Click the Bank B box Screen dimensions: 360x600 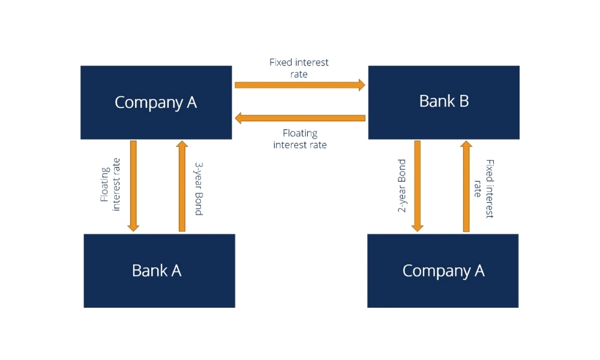pyautogui.click(x=443, y=102)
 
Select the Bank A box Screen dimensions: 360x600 pyautogui.click(x=159, y=271)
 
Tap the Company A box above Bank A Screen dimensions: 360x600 pyautogui.click(x=156, y=103)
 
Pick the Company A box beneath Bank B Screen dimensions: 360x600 pyautogui.click(x=443, y=271)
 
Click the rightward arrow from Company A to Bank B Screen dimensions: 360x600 pyautogui.click(x=299, y=85)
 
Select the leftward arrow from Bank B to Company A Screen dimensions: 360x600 pyautogui.click(x=299, y=118)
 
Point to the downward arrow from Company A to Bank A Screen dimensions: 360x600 pyautogui.click(x=133, y=186)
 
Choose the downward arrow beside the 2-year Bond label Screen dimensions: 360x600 pyautogui.click(x=418, y=186)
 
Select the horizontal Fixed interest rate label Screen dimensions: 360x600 pyautogui.click(x=299, y=68)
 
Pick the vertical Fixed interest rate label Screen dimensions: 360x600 pyautogui.click(x=484, y=188)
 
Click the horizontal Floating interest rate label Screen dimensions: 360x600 pyautogui.click(x=300, y=139)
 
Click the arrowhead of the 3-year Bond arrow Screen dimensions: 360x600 pyautogui.click(x=182, y=144)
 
